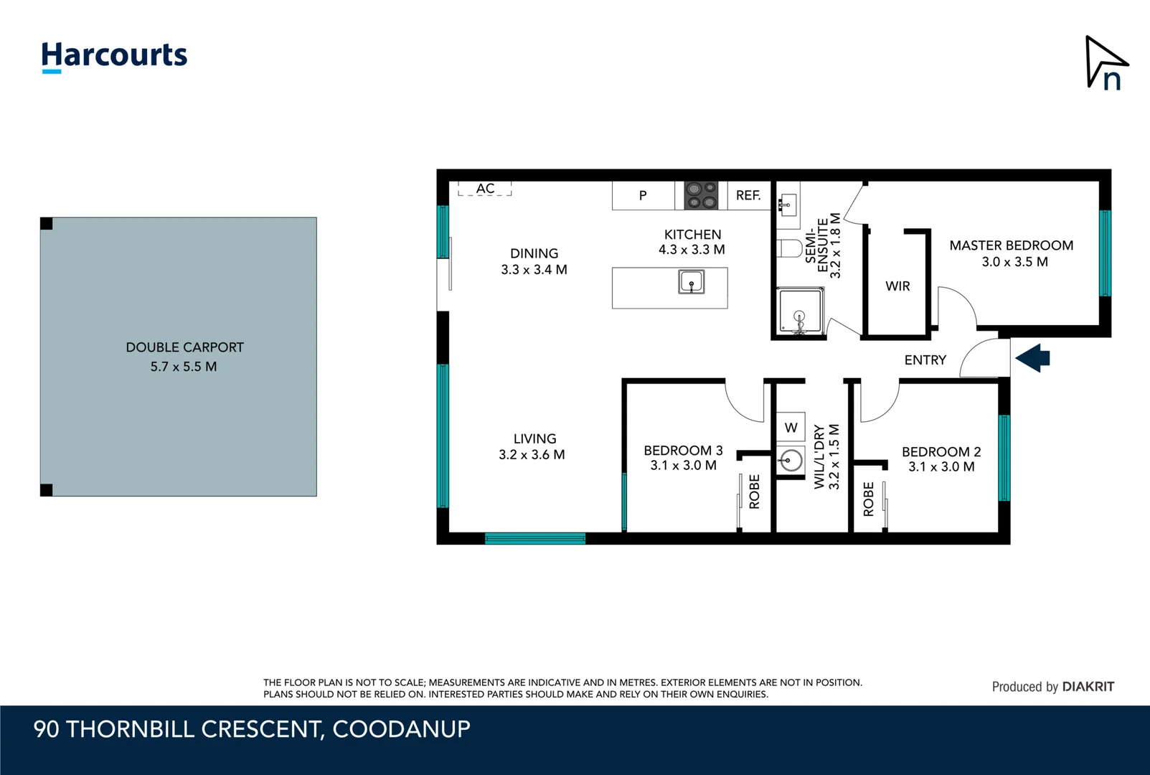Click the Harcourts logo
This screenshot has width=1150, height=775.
click(x=114, y=56)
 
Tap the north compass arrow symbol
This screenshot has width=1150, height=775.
click(x=1106, y=64)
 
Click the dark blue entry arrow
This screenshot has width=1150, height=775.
click(x=1033, y=357)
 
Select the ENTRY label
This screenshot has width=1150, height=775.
click(x=925, y=360)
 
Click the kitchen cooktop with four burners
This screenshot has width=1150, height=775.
click(x=701, y=195)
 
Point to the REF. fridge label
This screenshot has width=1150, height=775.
click(x=748, y=195)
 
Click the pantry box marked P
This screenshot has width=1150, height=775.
click(x=643, y=195)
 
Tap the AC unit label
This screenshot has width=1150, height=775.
click(x=486, y=189)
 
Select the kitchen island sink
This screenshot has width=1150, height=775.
click(x=691, y=282)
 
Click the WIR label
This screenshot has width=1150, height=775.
click(x=897, y=286)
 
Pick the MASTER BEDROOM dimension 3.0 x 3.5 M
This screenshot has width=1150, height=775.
click(x=1014, y=263)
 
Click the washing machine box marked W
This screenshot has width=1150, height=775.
click(x=791, y=428)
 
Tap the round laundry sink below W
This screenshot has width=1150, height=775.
click(x=791, y=460)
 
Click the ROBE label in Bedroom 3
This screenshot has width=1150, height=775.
click(x=755, y=492)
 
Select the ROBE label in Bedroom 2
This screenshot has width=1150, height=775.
click(x=869, y=499)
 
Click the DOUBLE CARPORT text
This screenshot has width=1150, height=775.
click(x=185, y=347)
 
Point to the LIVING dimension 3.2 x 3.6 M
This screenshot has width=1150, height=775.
click(x=532, y=455)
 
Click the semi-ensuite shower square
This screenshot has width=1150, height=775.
click(x=799, y=311)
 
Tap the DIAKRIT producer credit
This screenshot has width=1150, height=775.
click(x=1088, y=687)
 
